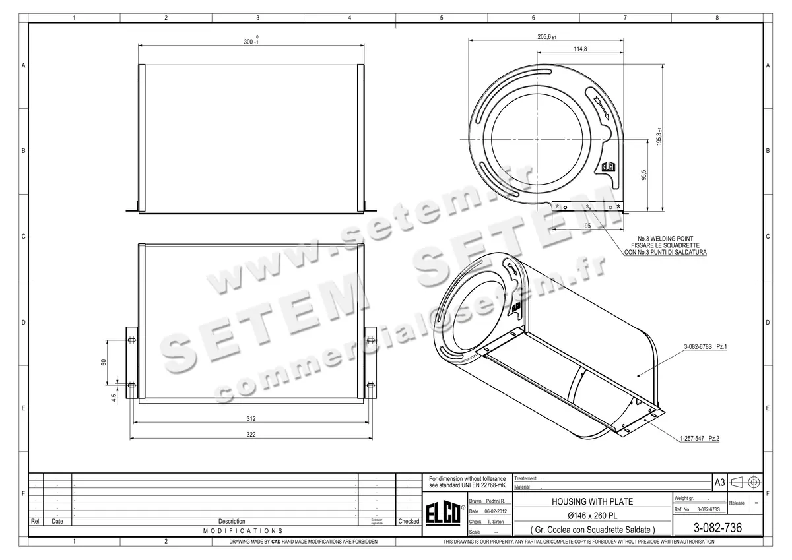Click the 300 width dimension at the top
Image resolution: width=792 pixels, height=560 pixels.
point(249,42)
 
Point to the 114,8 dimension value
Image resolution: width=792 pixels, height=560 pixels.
point(581,49)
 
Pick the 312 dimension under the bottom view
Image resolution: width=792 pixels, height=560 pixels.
point(251,419)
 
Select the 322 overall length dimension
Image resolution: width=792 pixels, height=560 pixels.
point(251,435)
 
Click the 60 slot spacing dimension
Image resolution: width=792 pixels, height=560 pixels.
point(104,363)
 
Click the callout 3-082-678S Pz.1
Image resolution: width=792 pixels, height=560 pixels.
point(705,346)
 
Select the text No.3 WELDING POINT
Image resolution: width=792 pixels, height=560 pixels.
point(665,238)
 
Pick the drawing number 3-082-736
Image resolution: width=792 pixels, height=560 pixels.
point(717,528)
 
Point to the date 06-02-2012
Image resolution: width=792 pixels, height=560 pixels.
point(495,511)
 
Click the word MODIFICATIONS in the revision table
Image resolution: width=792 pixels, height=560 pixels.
point(243,530)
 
